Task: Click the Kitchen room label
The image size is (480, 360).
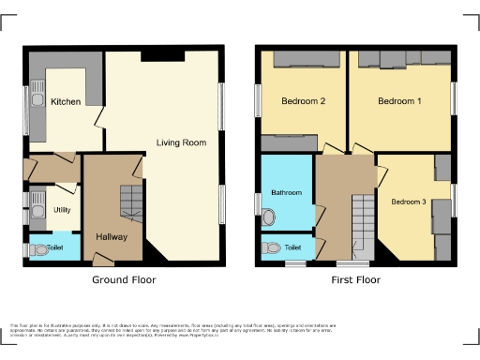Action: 66,101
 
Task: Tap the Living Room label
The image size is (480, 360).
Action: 181,142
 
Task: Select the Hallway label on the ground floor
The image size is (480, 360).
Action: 112,236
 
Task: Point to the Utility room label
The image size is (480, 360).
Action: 63,210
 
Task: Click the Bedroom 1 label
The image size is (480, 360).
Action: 399,101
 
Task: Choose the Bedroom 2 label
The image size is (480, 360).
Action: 303,101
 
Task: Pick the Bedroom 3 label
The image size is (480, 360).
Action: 409,202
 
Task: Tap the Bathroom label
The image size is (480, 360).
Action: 287,192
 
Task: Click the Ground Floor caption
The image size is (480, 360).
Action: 124,279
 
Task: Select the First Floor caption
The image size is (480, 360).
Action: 354,279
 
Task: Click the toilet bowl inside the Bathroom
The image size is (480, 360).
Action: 269,217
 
